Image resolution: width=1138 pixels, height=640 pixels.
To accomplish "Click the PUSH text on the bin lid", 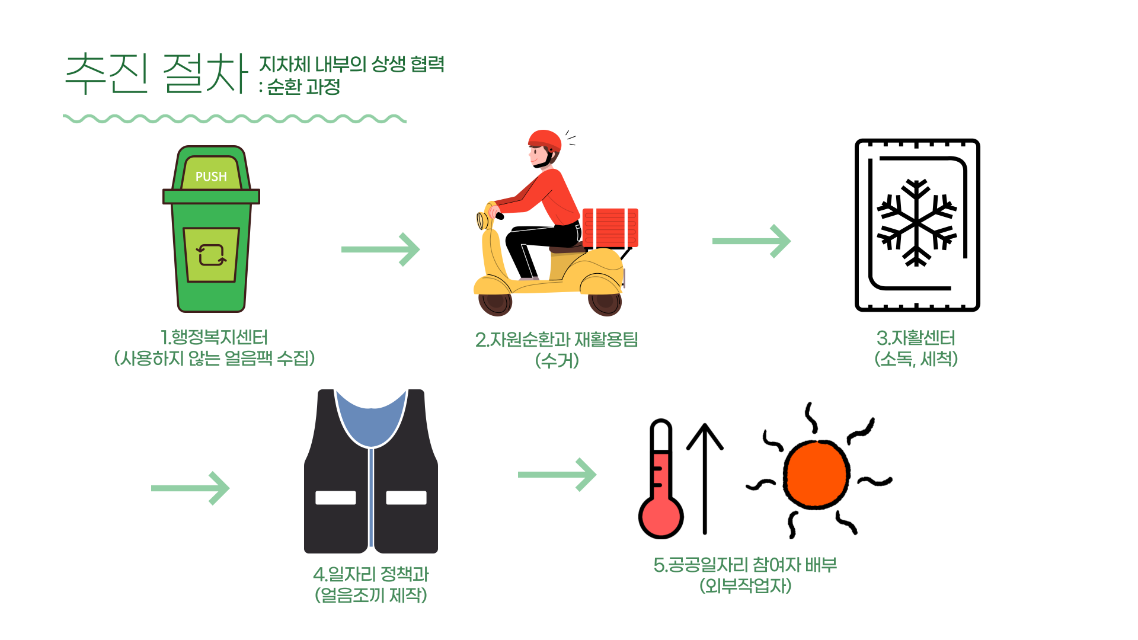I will [x=211, y=177].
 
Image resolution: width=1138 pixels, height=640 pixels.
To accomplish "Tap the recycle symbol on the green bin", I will [x=211, y=255].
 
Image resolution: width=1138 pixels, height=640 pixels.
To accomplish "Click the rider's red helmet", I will [x=545, y=141].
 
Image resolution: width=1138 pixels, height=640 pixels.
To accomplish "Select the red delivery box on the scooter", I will [x=610, y=228].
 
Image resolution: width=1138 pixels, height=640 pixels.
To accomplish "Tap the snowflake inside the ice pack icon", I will [x=916, y=223].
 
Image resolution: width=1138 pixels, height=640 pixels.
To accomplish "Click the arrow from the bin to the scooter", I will [x=381, y=249].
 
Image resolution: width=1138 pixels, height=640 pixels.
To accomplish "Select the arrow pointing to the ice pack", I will [x=752, y=241].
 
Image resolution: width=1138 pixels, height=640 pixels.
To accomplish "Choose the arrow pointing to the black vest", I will [x=190, y=488].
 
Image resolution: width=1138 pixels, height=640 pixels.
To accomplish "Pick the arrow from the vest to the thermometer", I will [x=557, y=475].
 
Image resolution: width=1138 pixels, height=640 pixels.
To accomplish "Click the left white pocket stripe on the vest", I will [x=335, y=498].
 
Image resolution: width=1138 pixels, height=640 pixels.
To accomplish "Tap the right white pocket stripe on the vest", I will [x=406, y=498].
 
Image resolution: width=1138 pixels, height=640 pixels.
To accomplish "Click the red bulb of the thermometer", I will [x=660, y=516].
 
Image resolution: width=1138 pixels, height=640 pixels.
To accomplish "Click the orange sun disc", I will [x=816, y=475].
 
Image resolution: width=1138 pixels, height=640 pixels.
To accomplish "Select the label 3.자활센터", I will [x=916, y=338].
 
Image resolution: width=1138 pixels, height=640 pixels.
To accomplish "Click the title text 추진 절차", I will [x=156, y=74].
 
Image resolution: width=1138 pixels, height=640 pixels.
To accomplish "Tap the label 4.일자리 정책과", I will [x=371, y=574].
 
